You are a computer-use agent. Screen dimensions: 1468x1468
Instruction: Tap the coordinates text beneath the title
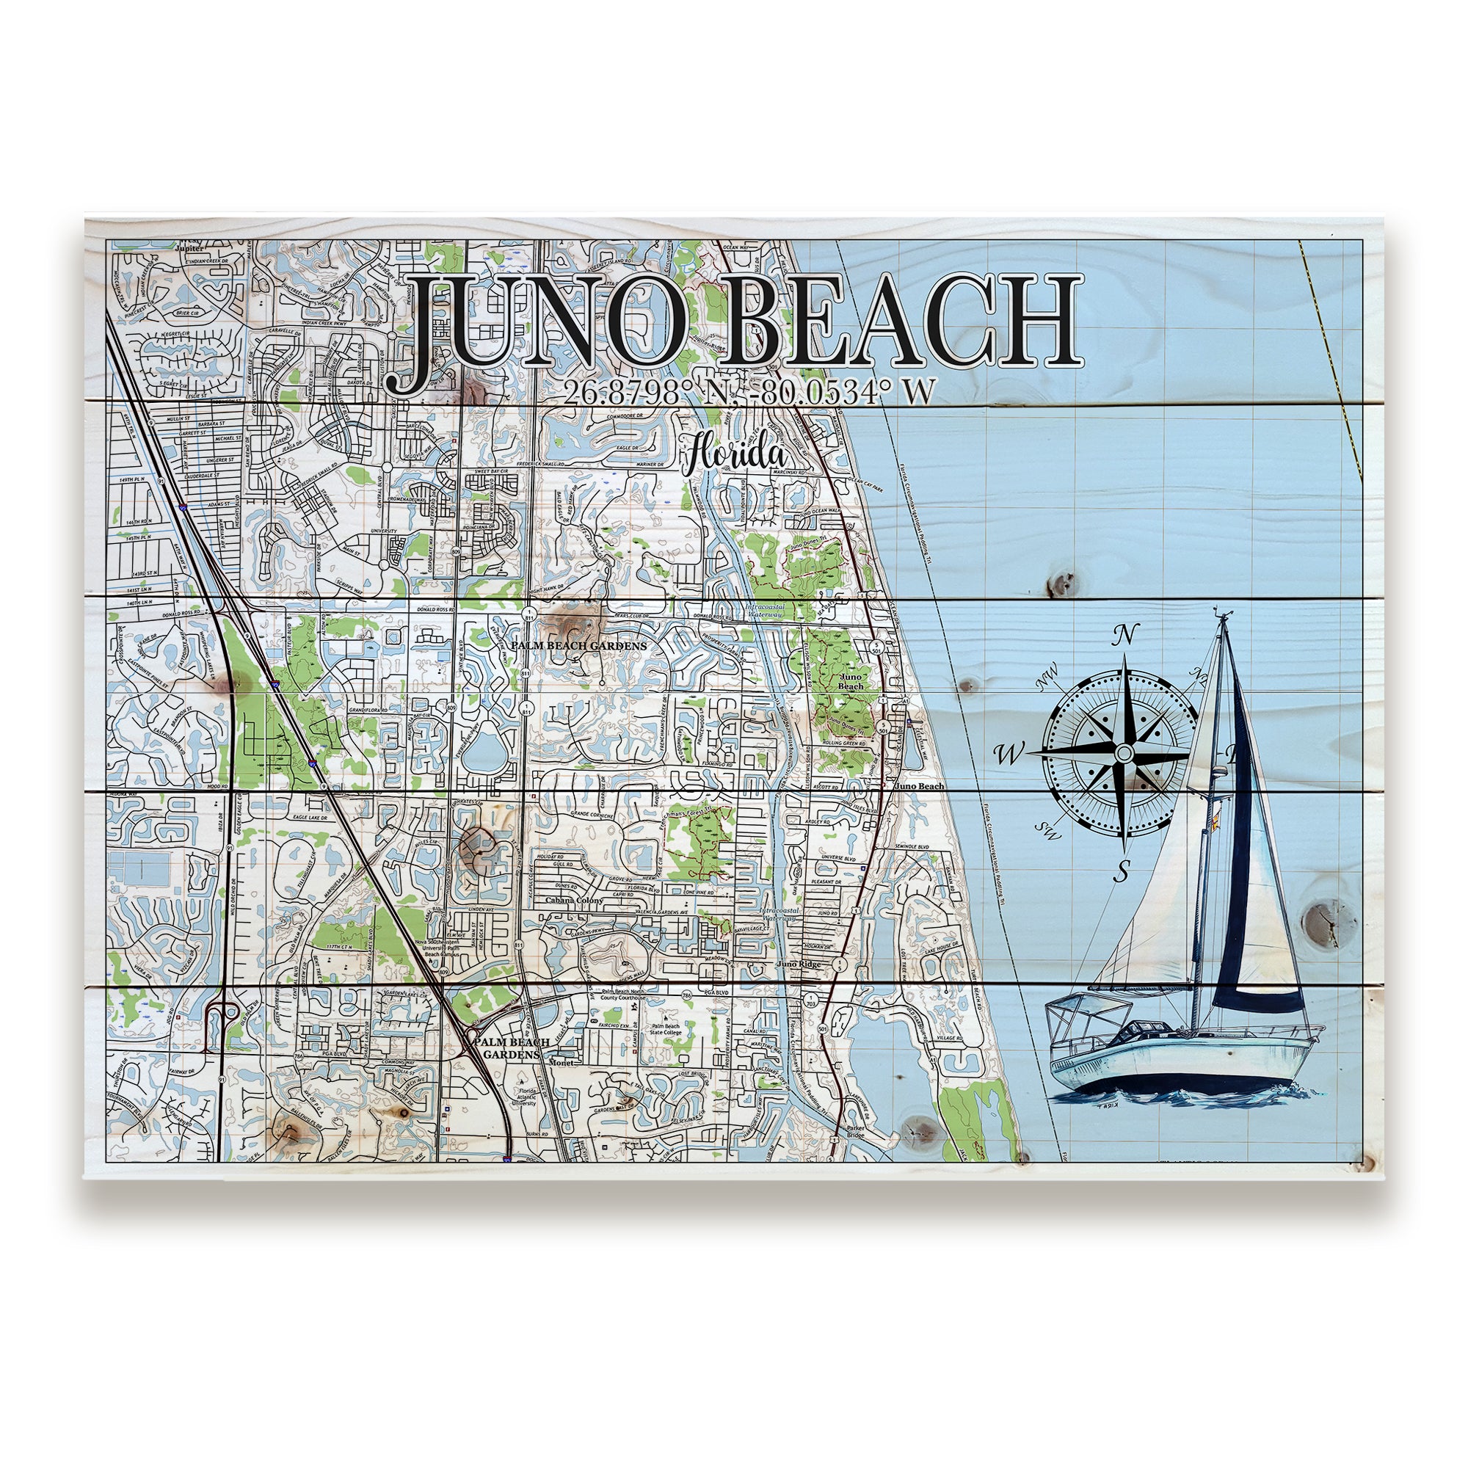pyautogui.click(x=749, y=392)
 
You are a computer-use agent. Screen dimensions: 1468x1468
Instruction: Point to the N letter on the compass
pyautogui.click(x=1127, y=633)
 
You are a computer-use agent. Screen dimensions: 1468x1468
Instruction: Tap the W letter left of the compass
pyautogui.click(x=1009, y=755)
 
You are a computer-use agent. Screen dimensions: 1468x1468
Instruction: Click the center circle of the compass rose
pyautogui.click(x=1124, y=753)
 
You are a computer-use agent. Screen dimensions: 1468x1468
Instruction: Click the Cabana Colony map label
pyautogui.click(x=574, y=901)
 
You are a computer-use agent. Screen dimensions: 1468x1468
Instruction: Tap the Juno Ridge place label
pyautogui.click(x=799, y=964)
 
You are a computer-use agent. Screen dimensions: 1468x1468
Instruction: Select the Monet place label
pyautogui.click(x=563, y=1063)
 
